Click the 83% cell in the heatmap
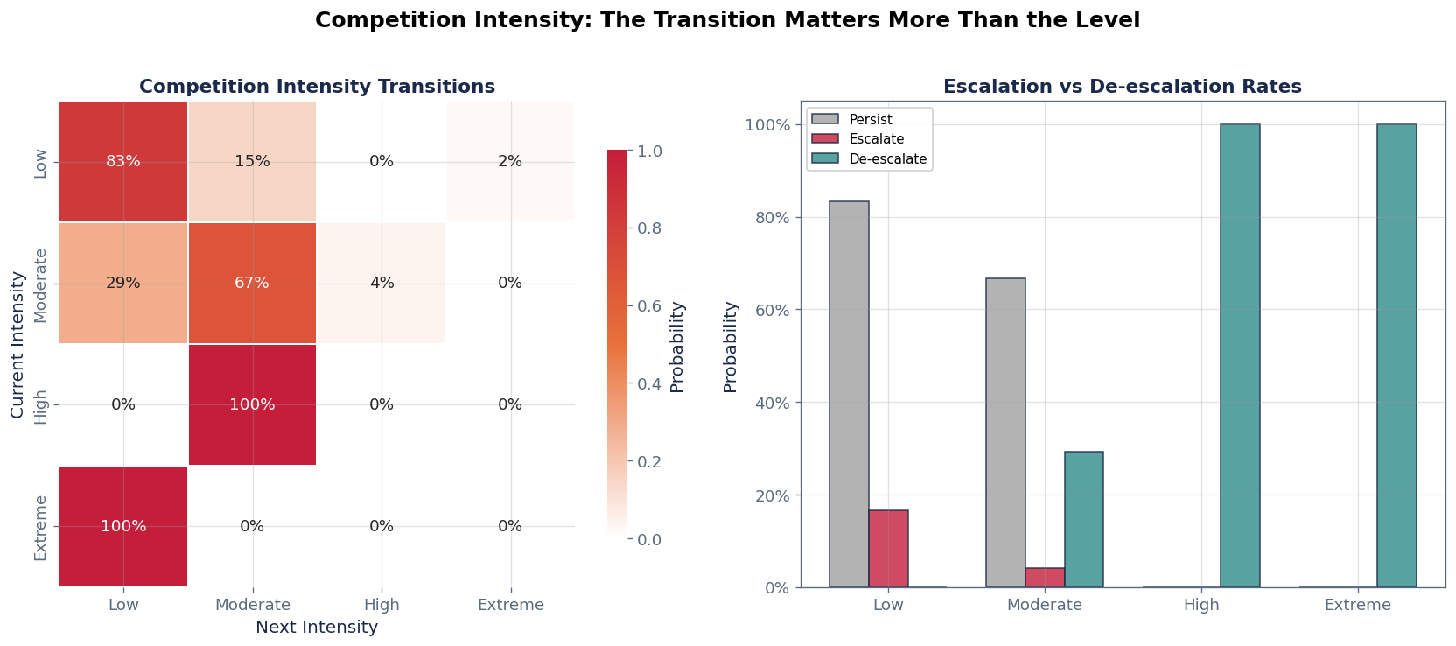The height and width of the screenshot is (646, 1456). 123,161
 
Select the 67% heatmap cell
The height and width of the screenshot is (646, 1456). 252,283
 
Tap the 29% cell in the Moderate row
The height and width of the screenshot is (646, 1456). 123,283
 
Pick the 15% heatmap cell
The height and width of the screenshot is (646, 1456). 252,161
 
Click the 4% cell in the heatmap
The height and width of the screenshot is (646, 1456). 381,283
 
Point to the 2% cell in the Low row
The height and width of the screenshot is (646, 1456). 510,161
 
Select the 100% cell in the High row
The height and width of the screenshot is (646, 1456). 252,404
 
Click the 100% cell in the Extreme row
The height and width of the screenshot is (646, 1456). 123,526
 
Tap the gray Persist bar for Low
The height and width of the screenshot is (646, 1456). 849,394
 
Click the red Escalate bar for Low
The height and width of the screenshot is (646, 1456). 888,549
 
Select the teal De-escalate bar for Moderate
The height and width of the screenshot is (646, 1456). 1083,519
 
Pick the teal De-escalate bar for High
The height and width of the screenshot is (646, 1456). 1240,355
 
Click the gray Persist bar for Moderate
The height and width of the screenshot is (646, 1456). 1005,432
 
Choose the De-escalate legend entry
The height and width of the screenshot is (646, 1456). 887,159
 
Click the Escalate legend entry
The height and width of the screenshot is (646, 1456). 876,139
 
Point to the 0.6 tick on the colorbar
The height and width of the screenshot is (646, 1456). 648,305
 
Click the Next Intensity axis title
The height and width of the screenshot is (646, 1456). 317,628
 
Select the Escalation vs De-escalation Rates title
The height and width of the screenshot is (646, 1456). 1122,87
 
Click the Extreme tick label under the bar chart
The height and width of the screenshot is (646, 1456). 1357,605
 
